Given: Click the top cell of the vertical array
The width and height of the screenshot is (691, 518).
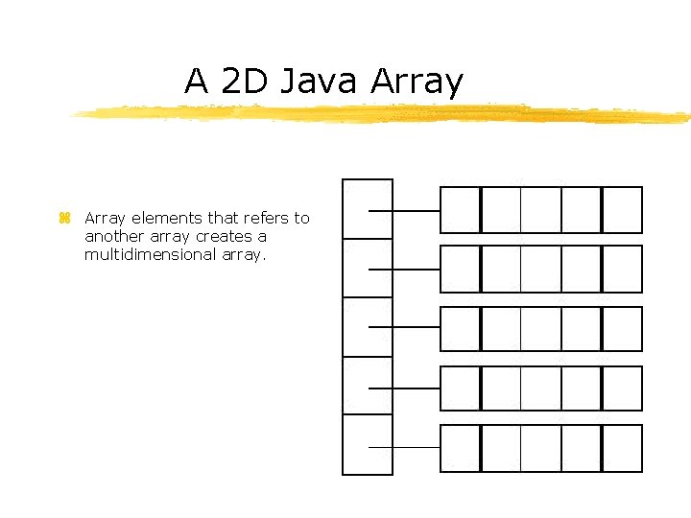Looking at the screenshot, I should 368,208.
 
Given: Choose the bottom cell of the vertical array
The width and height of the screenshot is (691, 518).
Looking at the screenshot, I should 368,444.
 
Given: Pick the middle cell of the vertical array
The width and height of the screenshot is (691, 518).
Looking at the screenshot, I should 368,326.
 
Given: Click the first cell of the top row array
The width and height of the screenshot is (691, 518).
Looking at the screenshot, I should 460,210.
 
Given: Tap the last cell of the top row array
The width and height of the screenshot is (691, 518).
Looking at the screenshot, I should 622,210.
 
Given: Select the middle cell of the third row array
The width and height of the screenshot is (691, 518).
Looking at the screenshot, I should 540,329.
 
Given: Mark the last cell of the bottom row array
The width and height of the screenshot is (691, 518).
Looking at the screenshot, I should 622,448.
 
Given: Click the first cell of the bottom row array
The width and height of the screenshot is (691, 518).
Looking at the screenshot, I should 460,448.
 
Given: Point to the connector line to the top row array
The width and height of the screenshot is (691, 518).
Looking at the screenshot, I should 404,210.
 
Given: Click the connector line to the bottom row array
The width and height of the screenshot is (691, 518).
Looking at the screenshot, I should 404,447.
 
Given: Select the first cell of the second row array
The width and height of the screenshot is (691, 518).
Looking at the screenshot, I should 460,269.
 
